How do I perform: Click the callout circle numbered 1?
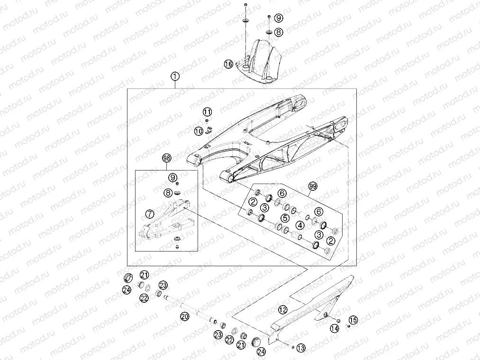pyautogui.click(x=175, y=76)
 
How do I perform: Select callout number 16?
pyautogui.click(x=228, y=63)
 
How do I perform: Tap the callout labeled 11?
pyautogui.click(x=207, y=112)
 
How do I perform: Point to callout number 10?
pyautogui.click(x=198, y=130)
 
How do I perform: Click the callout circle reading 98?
pyautogui.click(x=166, y=158)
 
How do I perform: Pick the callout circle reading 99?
pyautogui.click(x=312, y=186)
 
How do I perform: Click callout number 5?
pyautogui.click(x=285, y=218)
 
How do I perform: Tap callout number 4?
pyautogui.click(x=300, y=225)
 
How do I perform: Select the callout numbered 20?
pyautogui.click(x=185, y=315)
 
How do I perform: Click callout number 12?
pyautogui.click(x=282, y=310)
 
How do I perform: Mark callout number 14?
pyautogui.click(x=335, y=327)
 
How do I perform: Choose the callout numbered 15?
pyautogui.click(x=353, y=320)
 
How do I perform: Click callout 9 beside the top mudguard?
pyautogui.click(x=279, y=18)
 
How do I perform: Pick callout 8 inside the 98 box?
pyautogui.click(x=168, y=193)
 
